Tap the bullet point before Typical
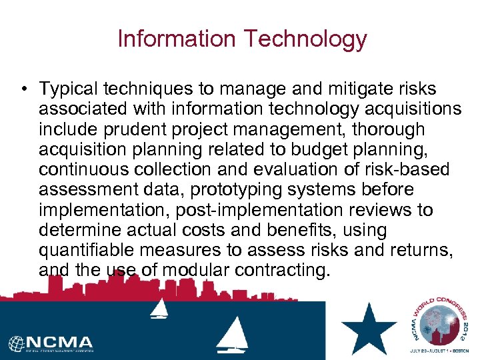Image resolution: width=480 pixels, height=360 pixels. pyautogui.click(x=23, y=89)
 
